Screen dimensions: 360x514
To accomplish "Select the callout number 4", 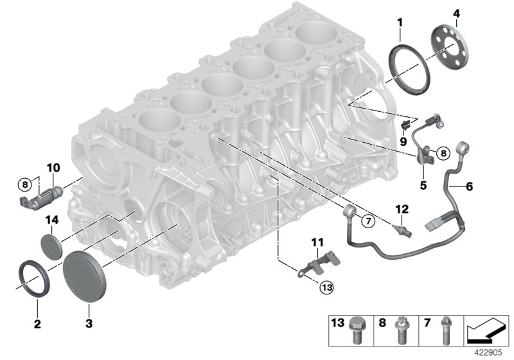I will (x=456, y=14).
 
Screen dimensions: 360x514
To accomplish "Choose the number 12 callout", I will (x=402, y=208).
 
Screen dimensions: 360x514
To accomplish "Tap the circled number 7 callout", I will (x=368, y=221).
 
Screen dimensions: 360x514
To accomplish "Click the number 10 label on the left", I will (x=52, y=168).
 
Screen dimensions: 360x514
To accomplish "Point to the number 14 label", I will (x=51, y=220).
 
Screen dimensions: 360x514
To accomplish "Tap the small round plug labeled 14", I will (x=51, y=246).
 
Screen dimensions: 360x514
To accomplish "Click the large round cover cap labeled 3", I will (x=88, y=272).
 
